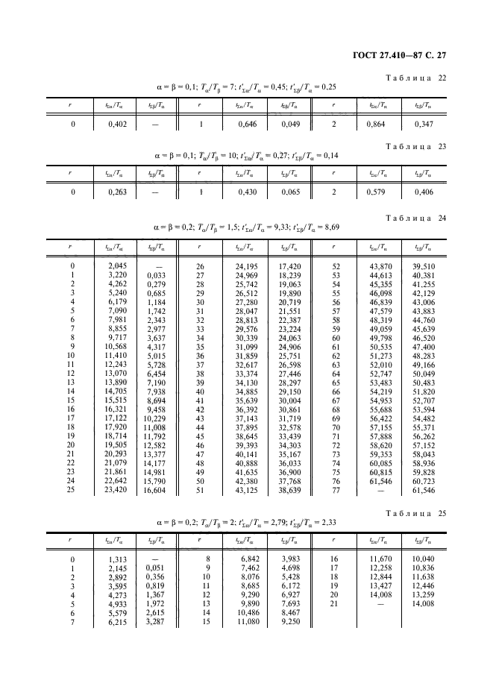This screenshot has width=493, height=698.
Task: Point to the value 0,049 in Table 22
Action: (289, 125)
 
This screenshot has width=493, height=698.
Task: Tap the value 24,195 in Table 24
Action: (246, 266)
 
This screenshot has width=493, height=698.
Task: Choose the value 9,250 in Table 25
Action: (291, 622)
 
